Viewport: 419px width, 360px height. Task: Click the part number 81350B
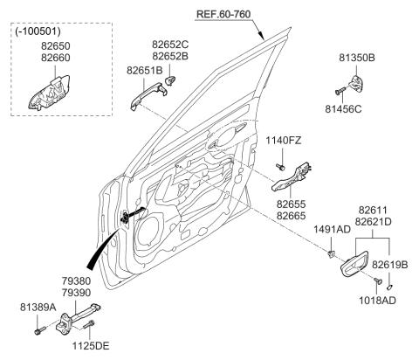coord(357,58)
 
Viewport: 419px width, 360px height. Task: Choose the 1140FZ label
coord(283,140)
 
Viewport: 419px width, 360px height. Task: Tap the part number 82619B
coord(390,263)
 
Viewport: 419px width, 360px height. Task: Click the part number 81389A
coord(37,307)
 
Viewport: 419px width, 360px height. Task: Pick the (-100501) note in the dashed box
coord(37,33)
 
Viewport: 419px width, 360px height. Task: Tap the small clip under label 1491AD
coord(333,254)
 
